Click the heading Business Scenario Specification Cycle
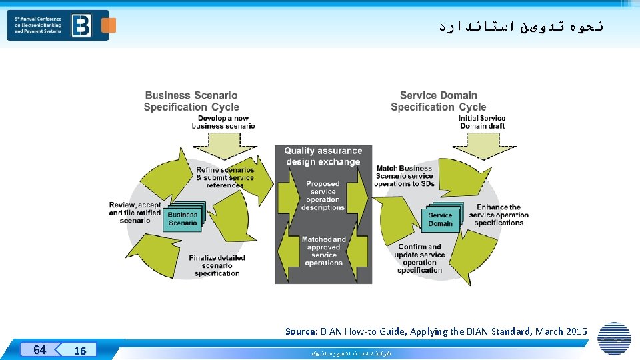pos(191,101)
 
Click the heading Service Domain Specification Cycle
pos(439,101)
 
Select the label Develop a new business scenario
pos(223,122)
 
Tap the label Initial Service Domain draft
pos(482,122)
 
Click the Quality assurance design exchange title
pos(323,157)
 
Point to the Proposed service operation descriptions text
pos(323,195)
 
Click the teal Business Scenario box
pos(183,219)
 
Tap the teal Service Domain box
pos(440,219)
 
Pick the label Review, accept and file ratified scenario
pos(135,213)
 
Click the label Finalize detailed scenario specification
pos(217,265)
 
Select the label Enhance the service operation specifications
pos(499,215)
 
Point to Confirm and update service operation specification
pos(420,259)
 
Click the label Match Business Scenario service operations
pos(405,176)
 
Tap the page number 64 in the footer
pos(40,350)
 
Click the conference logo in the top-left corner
pos(58,25)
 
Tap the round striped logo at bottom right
pos(614,338)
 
